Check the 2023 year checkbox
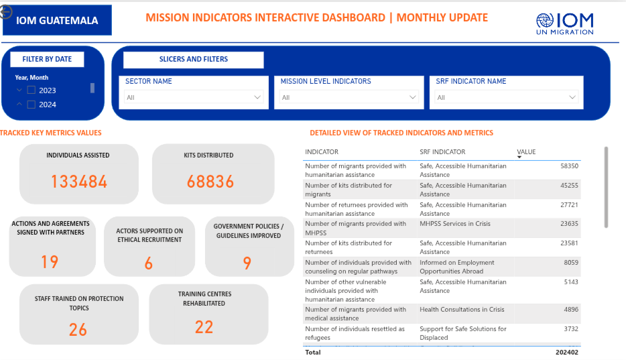point(31,91)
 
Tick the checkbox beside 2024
point(31,105)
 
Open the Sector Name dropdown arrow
point(257,97)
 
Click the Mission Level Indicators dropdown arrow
point(412,97)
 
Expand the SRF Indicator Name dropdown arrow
point(572,97)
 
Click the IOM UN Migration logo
point(564,24)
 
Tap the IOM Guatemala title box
point(57,20)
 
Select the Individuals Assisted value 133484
point(79,182)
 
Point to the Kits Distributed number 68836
point(210,182)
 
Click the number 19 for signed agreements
point(50,262)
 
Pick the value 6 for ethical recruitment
point(149,263)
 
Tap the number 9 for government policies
point(247,263)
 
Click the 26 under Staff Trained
point(78,330)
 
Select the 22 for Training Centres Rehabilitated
point(204,327)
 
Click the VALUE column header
point(526,152)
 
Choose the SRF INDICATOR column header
point(442,152)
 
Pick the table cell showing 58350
point(569,166)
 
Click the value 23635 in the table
point(569,224)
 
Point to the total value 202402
point(567,353)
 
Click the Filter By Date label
point(47,59)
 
